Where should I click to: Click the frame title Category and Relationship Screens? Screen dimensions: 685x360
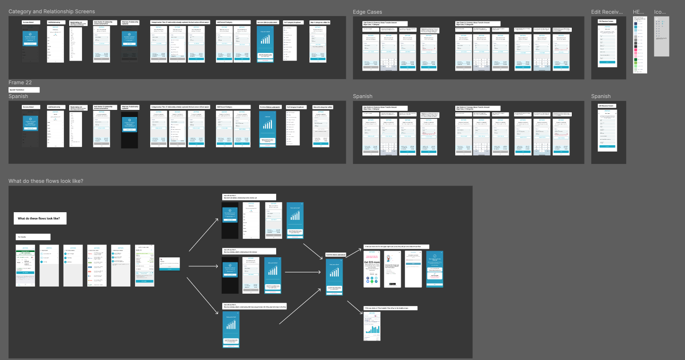tap(52, 11)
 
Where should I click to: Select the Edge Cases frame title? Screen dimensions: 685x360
tap(367, 12)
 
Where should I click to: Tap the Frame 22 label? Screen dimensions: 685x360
tap(20, 82)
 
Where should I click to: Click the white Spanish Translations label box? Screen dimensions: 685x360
tap(24, 90)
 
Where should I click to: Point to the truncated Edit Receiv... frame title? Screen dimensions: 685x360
tap(608, 12)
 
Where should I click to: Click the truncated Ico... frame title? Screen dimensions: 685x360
tap(660, 12)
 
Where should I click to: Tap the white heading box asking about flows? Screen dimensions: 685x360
tap(40, 218)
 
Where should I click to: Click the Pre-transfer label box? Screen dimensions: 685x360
tap(33, 237)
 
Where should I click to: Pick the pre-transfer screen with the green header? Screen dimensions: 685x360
tap(25, 266)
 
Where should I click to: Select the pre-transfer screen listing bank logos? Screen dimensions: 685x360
tap(97, 266)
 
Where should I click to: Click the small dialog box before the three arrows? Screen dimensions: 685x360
tap(169, 263)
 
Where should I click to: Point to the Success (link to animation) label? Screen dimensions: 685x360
tap(335, 255)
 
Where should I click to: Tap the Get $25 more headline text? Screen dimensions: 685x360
tap(372, 262)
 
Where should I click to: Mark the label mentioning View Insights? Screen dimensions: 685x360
tap(390, 308)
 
